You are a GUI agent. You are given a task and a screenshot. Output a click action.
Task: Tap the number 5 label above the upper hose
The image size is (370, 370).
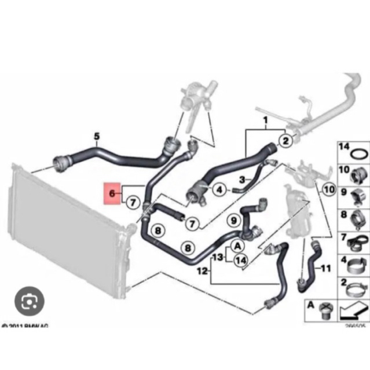96,137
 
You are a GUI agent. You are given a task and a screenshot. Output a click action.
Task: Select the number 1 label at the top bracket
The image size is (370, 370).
266,122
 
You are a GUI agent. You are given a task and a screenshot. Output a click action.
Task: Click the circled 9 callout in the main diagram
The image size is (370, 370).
234,220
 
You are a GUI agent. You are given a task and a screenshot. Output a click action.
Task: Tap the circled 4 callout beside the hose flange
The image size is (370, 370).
219,189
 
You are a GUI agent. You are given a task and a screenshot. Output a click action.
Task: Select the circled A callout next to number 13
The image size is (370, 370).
237,246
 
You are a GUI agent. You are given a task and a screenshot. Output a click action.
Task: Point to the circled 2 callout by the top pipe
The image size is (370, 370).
285,140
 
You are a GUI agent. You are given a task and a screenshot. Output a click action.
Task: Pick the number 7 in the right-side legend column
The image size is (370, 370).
343,237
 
